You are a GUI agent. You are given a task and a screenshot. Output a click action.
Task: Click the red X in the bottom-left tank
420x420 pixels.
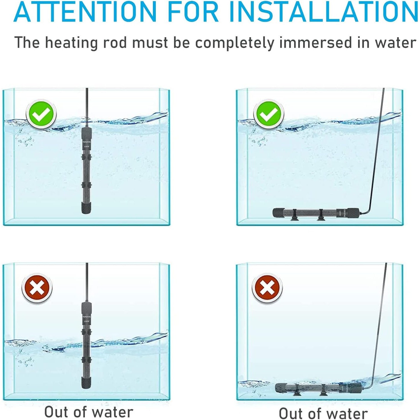37,288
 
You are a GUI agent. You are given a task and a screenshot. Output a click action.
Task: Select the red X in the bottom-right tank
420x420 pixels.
267,288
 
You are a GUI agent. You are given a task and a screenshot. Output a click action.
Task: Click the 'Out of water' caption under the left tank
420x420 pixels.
89,412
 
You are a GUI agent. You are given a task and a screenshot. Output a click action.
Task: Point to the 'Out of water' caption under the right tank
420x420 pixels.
323,413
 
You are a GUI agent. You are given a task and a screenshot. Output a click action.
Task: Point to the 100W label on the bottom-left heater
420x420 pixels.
86,321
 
